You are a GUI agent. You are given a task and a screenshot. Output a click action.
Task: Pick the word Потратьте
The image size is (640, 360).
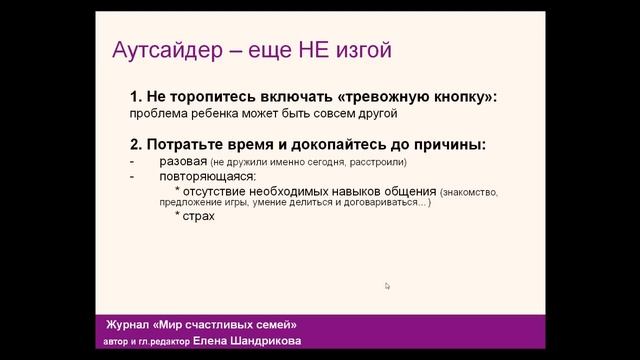click(187, 145)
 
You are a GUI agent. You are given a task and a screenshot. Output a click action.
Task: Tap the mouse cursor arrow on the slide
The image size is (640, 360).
click(387, 286)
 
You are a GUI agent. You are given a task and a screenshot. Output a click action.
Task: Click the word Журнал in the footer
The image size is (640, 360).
click(130, 326)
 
